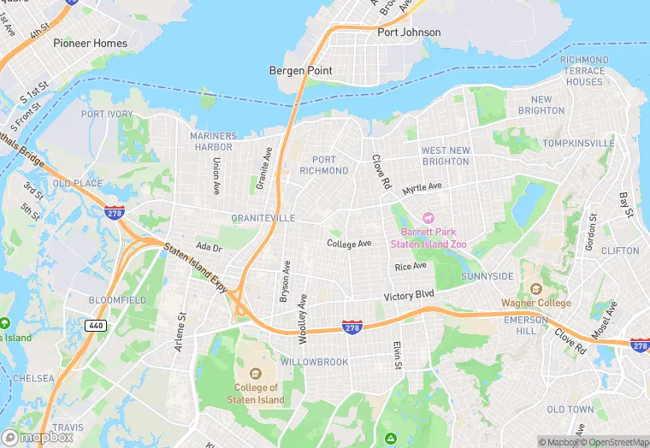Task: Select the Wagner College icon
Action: point(535,290)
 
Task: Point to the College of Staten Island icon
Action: point(256,374)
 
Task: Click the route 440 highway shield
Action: point(97,325)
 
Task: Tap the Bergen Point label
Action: point(300,70)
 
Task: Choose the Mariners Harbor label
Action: point(213,141)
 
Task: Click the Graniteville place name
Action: point(263,218)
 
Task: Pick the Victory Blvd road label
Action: point(410,297)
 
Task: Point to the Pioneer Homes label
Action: point(90,43)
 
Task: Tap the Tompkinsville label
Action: point(578,143)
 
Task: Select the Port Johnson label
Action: point(409,32)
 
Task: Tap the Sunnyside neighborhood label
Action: point(487,276)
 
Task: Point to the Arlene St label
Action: point(181,328)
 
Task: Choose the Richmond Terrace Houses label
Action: point(584,71)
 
